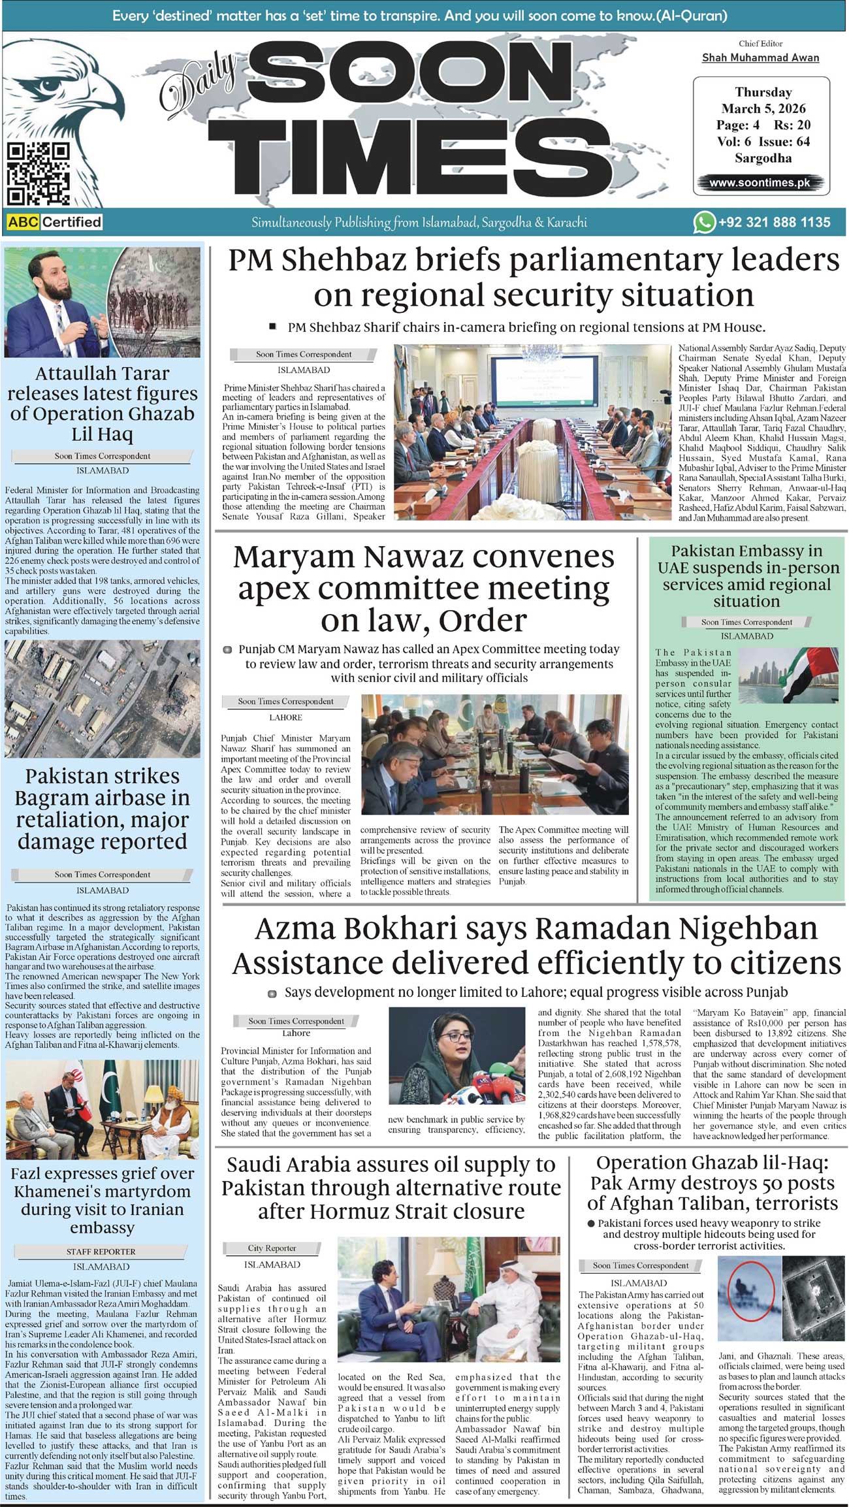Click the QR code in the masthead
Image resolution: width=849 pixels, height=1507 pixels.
37,174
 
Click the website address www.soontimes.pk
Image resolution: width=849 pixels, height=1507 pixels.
760,183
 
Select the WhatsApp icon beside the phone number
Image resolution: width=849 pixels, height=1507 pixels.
704,222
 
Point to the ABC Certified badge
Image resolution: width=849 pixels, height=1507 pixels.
55,222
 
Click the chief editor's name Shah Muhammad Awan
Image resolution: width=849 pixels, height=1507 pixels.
760,57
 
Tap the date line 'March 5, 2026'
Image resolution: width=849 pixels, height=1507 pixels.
763,108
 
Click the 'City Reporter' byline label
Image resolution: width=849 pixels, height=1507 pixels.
272,1248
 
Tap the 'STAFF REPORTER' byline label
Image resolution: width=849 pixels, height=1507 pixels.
101,1252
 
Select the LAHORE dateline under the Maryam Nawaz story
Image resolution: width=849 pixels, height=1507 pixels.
285,717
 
